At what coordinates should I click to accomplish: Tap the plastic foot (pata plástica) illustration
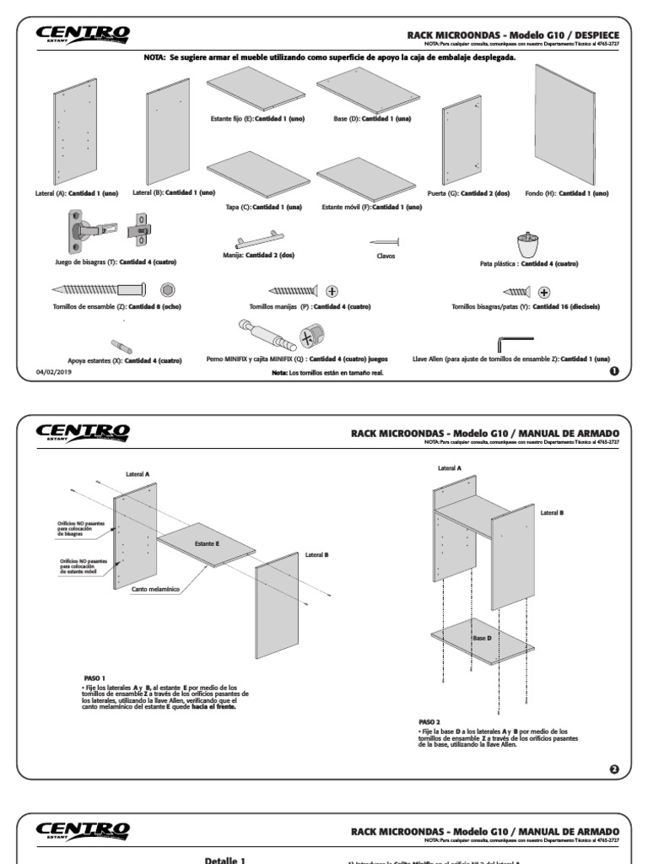coord(529,245)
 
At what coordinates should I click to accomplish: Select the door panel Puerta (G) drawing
coord(461,143)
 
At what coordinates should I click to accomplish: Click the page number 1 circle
coord(613,370)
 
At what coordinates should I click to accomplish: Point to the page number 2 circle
coord(613,769)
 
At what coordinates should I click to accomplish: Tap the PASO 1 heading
coord(94,678)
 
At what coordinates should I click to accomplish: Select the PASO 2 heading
coord(430,722)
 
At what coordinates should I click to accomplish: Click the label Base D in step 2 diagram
coord(482,638)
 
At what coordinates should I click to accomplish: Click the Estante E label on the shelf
coord(207,543)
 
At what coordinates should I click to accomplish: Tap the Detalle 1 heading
coord(225,860)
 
